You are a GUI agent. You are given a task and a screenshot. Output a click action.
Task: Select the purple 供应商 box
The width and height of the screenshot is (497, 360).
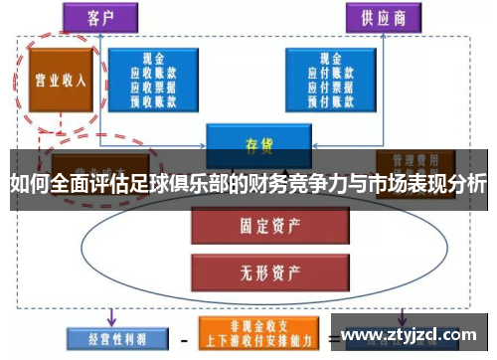click(382, 19)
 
